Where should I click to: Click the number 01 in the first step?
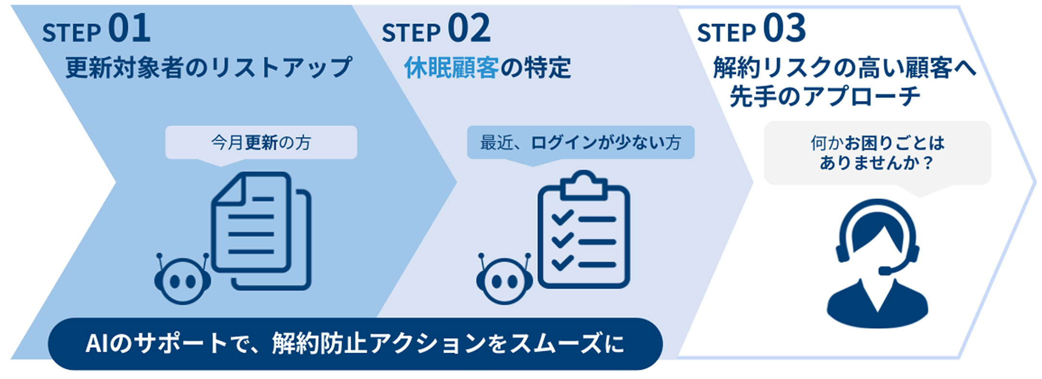(x=129, y=29)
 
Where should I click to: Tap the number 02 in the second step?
(x=469, y=29)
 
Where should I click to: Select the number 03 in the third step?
(x=784, y=29)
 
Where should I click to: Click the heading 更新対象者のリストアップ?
(x=209, y=68)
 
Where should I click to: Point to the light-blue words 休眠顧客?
(x=451, y=68)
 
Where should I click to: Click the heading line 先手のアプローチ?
(x=825, y=96)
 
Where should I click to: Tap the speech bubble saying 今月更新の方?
(x=261, y=143)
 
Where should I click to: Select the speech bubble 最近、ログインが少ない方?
(x=581, y=143)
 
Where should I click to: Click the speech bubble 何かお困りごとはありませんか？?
(x=877, y=153)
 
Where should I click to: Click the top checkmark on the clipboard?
(x=562, y=218)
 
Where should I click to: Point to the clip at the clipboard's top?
(x=583, y=185)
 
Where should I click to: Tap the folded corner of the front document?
(x=228, y=188)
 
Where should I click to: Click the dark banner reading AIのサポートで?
(x=355, y=344)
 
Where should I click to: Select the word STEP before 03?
(x=726, y=33)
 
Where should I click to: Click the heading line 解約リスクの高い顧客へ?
(x=844, y=68)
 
